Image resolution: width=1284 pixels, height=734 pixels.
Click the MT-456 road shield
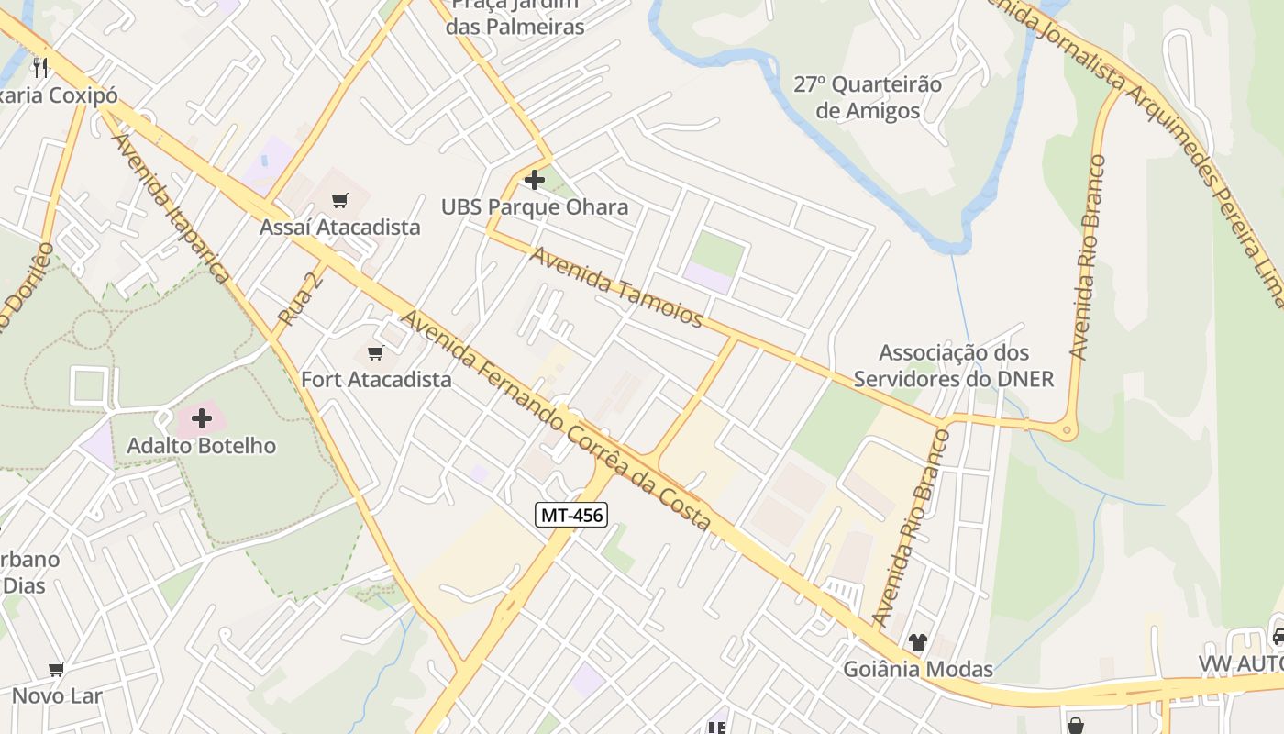click(x=571, y=515)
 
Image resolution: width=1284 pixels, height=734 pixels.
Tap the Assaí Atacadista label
click(x=340, y=227)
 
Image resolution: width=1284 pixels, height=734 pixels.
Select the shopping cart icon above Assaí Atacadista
click(x=340, y=200)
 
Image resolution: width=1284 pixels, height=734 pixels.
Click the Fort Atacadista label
click(x=376, y=379)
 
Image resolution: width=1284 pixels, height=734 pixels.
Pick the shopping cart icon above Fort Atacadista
click(x=375, y=353)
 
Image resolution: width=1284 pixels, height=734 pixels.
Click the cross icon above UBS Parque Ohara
click(x=535, y=180)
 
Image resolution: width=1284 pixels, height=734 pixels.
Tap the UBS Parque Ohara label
click(x=535, y=206)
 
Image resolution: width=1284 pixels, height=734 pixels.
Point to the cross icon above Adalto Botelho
click(x=202, y=419)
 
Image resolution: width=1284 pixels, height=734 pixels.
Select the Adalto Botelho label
click(x=202, y=446)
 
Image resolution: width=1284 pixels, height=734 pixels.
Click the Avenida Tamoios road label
click(x=617, y=287)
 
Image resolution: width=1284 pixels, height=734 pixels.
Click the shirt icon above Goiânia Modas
click(x=917, y=642)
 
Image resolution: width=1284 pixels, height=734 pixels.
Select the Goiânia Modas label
click(x=918, y=669)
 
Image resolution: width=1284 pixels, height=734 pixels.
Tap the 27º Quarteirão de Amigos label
click(x=868, y=97)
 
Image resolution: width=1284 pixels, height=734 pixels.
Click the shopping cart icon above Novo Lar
click(x=57, y=670)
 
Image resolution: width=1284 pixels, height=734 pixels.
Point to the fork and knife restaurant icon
click(x=39, y=67)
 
